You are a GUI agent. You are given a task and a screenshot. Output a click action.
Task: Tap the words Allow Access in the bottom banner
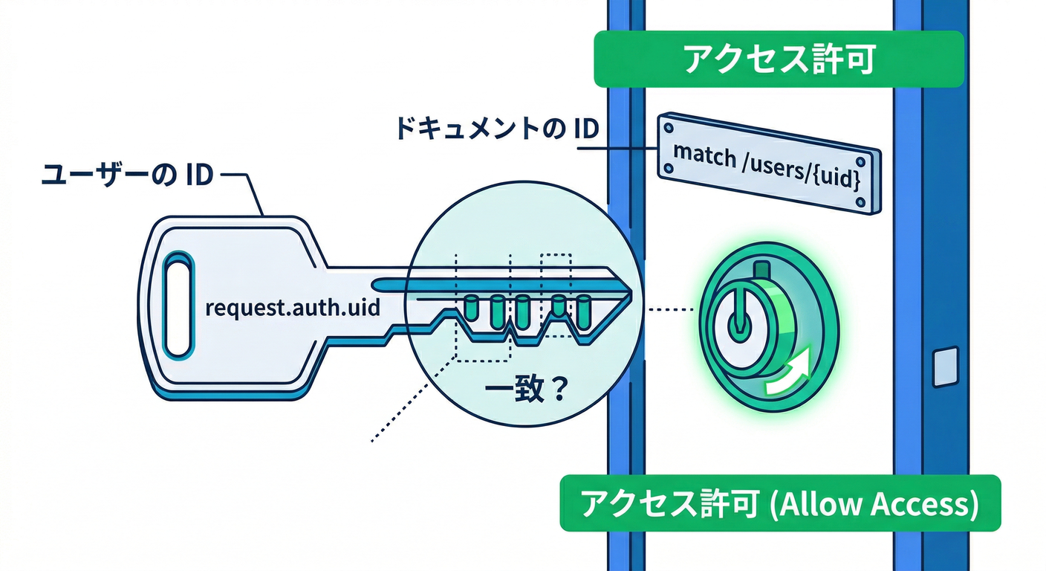point(877,505)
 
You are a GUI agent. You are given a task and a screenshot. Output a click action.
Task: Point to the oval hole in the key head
point(178,305)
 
